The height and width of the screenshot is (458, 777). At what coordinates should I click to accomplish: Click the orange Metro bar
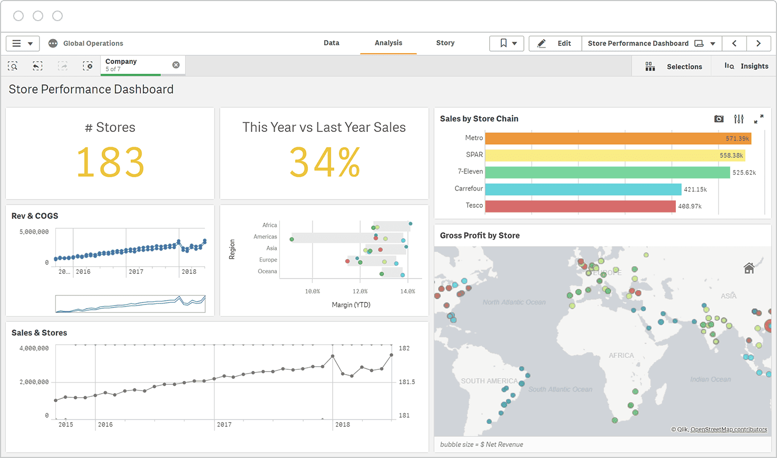tap(617, 138)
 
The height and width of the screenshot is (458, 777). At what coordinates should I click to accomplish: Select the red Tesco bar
tap(580, 206)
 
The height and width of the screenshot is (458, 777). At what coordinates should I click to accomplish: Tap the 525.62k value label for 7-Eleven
tap(744, 173)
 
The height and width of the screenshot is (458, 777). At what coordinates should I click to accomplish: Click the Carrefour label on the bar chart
tap(468, 188)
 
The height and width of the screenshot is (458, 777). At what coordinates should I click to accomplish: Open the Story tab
tap(445, 43)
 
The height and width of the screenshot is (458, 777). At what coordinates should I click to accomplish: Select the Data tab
tap(331, 43)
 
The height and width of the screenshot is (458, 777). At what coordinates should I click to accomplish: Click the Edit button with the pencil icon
tap(555, 43)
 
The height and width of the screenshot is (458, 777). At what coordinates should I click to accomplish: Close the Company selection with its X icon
tap(176, 65)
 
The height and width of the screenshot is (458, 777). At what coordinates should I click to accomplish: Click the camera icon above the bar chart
tap(718, 119)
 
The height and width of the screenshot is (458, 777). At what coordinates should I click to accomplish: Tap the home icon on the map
tap(749, 269)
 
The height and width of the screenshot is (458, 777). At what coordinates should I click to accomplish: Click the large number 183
tap(110, 163)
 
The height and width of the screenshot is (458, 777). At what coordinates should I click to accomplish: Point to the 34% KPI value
tap(324, 163)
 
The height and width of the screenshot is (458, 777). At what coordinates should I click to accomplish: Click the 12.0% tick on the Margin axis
tap(360, 291)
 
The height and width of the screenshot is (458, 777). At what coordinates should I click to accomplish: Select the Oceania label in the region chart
tap(267, 271)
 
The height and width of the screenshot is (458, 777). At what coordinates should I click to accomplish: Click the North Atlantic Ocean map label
tap(514, 302)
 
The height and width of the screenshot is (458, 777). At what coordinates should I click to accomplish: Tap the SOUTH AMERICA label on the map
tap(489, 381)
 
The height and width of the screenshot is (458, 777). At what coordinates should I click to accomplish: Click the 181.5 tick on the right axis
tap(406, 382)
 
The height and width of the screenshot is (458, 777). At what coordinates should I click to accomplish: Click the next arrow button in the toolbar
tap(758, 43)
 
